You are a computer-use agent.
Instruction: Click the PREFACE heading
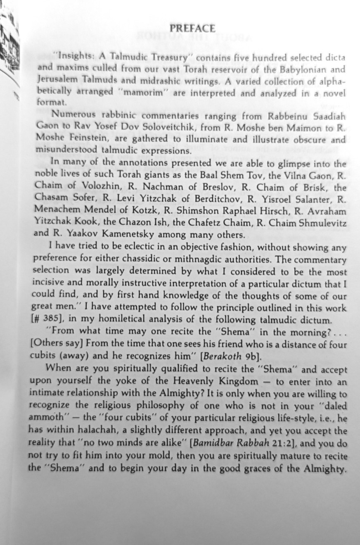tap(192, 29)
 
